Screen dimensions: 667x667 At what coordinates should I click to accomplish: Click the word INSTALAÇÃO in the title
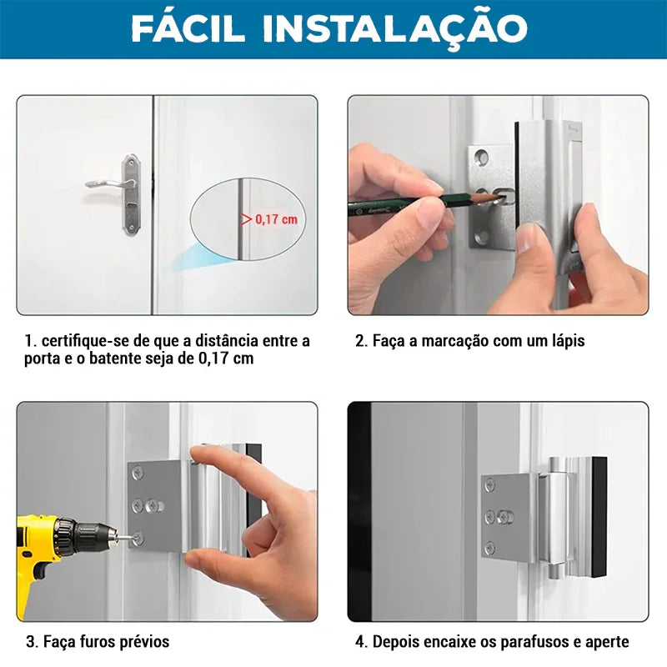[x=394, y=28]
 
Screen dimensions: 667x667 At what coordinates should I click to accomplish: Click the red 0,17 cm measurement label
[x=275, y=220]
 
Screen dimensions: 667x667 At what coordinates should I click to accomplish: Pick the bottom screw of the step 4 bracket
[x=490, y=547]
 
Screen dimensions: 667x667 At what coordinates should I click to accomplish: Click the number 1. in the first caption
[x=30, y=341]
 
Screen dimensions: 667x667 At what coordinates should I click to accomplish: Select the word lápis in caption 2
[x=566, y=341]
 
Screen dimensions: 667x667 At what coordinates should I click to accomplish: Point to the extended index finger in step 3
[x=218, y=459]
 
